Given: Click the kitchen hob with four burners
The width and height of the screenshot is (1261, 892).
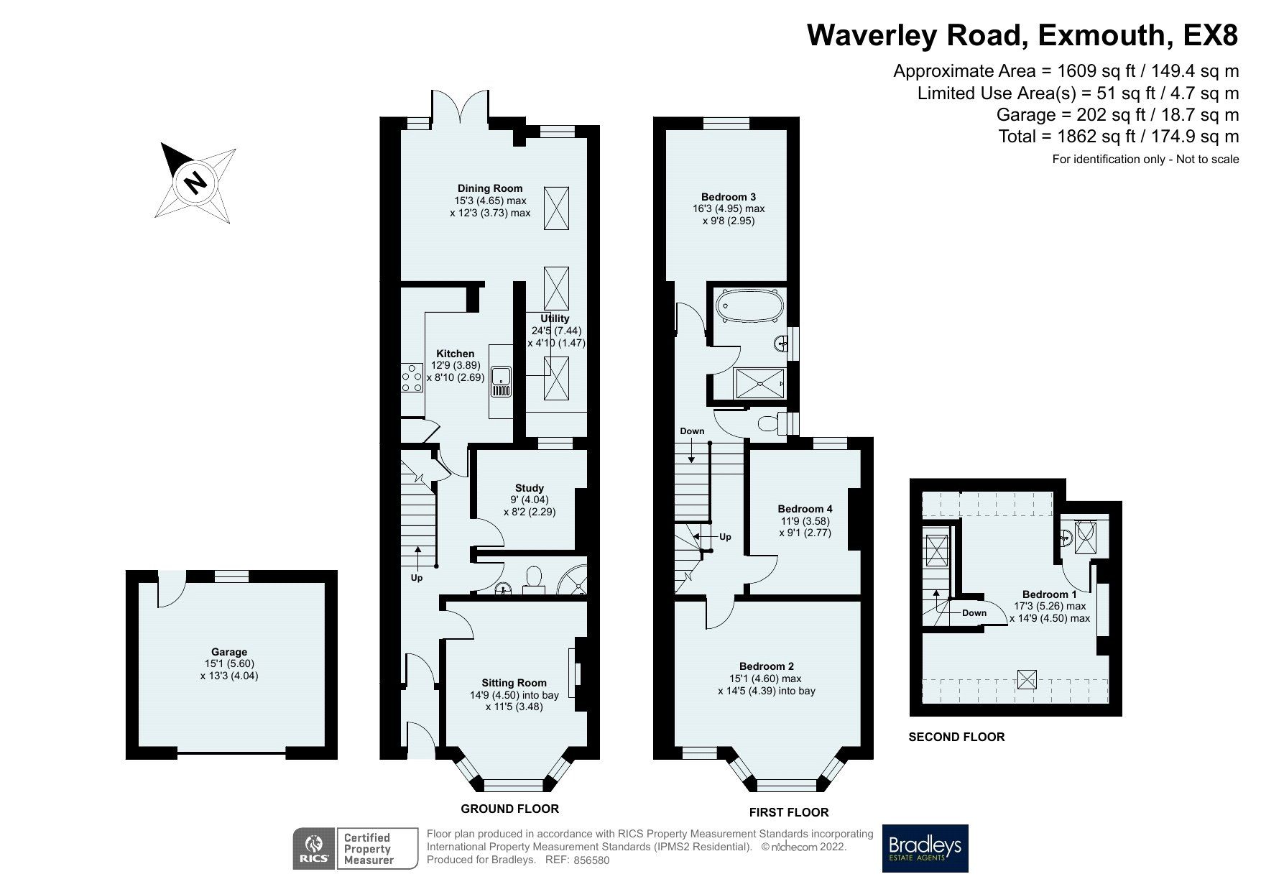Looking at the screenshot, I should click(x=412, y=380).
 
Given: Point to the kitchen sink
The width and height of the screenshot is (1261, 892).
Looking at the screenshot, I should click(x=501, y=382).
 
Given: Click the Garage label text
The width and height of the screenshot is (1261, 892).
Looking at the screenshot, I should click(x=228, y=653).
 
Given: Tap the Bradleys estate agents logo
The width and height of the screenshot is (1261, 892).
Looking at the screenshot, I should click(x=925, y=848).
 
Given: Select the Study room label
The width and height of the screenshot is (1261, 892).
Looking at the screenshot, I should click(x=530, y=488).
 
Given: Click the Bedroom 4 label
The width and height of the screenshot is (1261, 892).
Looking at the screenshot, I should click(x=805, y=509).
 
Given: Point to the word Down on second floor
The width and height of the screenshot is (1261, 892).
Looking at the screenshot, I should click(x=974, y=613).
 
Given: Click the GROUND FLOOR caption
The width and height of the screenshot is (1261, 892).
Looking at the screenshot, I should click(x=509, y=809).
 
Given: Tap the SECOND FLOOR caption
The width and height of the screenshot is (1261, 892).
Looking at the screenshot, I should click(x=956, y=737).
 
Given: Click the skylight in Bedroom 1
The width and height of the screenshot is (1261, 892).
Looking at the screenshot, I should click(x=1027, y=678).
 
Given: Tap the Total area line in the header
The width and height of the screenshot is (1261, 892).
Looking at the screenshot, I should click(x=1118, y=136).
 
